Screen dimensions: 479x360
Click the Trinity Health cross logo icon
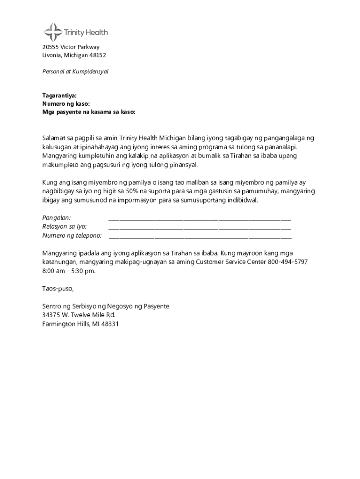coord(53,32)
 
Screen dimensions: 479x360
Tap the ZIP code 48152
coord(98,55)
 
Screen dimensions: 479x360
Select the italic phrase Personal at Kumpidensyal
coord(75,72)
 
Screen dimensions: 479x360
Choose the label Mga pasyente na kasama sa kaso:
coord(88,112)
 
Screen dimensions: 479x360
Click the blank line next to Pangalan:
coord(200,218)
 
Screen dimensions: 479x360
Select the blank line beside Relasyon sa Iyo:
coord(200,226)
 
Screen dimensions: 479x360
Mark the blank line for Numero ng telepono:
coord(200,235)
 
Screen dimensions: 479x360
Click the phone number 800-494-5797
coord(288,262)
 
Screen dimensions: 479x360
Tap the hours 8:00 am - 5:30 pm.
coord(69,271)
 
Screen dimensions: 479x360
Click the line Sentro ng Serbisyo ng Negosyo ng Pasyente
coord(106,306)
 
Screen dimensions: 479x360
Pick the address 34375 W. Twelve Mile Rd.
coord(79,315)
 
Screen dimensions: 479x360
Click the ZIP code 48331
coord(109,323)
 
